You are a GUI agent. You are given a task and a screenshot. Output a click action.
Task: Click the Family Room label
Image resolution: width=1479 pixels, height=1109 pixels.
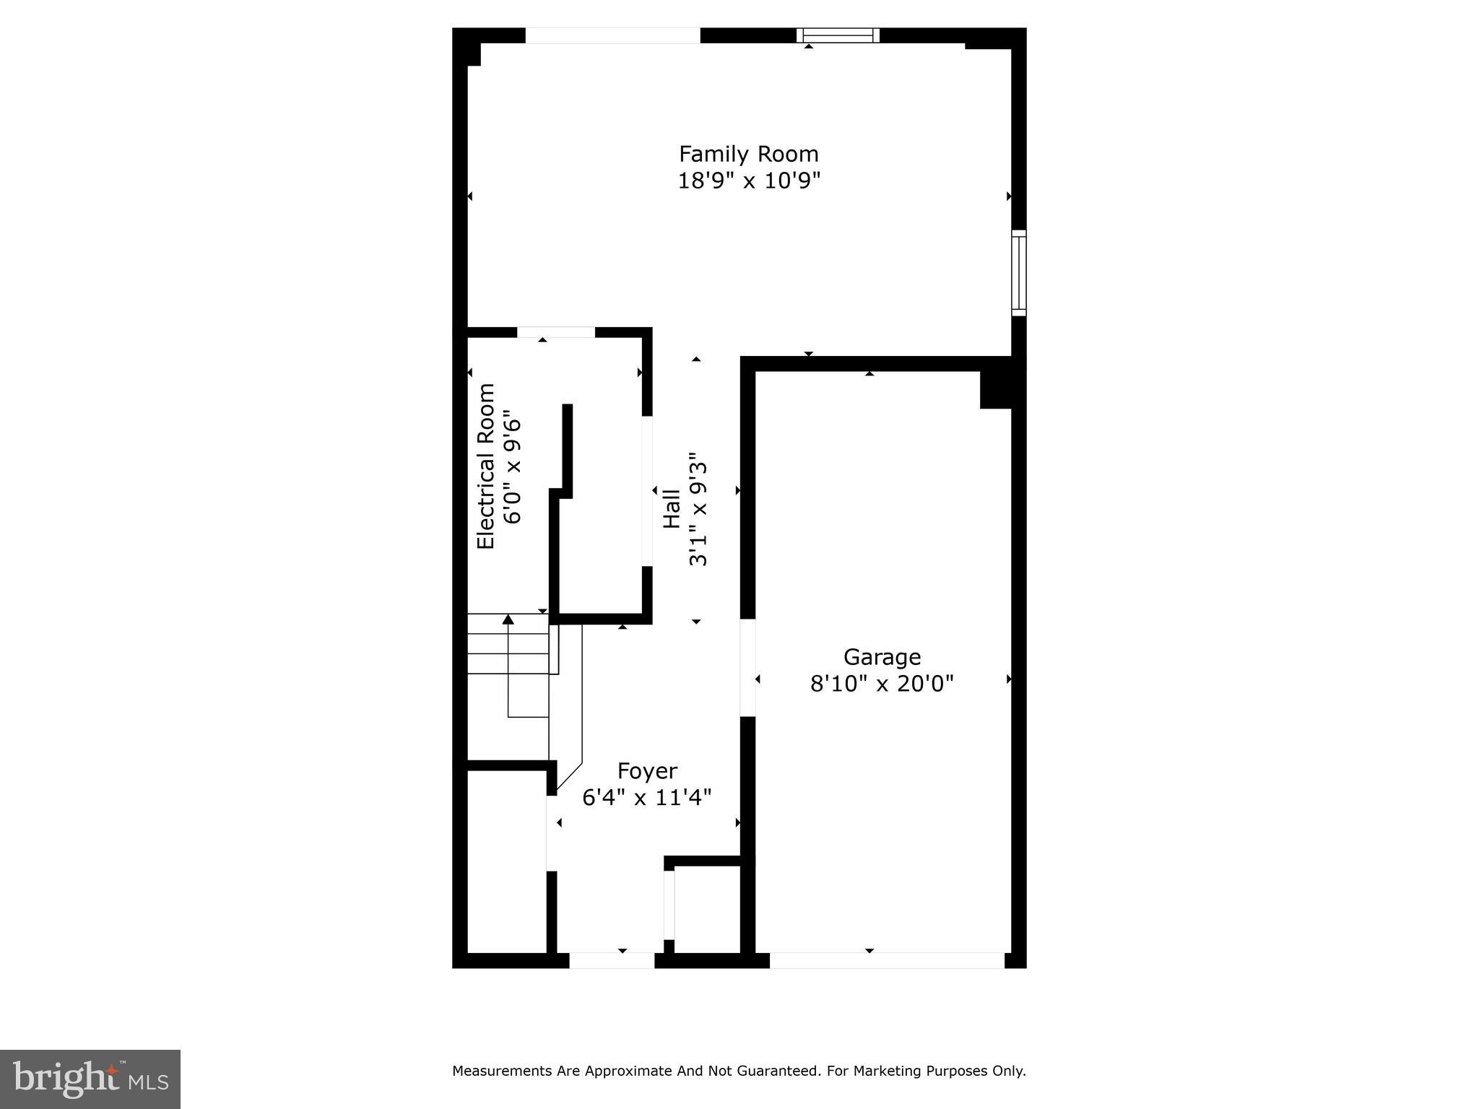tap(748, 154)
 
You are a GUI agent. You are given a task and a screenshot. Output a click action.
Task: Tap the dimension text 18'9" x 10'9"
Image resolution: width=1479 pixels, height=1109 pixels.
tap(748, 181)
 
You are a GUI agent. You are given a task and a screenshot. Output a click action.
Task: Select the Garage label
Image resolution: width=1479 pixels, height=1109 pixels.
tap(882, 657)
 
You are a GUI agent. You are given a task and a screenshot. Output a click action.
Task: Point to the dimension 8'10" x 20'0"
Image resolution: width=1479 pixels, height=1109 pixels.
tap(882, 683)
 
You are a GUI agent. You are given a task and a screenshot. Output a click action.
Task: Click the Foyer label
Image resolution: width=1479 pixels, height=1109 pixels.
tap(647, 771)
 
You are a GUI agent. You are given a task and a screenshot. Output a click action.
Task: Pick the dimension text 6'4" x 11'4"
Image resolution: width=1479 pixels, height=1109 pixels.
tap(647, 797)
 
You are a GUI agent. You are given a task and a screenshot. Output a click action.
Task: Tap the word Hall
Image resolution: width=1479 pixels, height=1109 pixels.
tap(672, 509)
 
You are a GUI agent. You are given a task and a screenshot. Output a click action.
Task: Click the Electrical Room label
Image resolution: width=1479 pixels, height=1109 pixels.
tap(486, 466)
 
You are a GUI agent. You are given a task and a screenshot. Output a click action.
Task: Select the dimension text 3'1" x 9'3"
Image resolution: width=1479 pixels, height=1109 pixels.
tap(698, 509)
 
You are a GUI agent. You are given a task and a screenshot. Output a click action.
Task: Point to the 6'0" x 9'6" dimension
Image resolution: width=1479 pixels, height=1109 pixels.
tap(511, 469)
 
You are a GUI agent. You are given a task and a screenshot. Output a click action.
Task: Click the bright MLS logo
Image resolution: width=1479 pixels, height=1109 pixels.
tap(90, 1079)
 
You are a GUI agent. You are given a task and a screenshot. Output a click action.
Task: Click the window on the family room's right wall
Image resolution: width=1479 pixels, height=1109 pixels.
tap(1018, 273)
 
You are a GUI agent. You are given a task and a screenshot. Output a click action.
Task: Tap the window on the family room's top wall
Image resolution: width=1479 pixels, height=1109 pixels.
tap(838, 35)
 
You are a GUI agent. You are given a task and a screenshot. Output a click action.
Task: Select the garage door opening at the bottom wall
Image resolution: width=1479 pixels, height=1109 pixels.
tap(887, 960)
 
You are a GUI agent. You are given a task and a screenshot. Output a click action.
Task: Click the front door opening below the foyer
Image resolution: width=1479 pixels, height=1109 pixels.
tap(612, 960)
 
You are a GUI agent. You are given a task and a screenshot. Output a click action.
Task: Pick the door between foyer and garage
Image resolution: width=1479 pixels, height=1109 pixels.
tap(747, 668)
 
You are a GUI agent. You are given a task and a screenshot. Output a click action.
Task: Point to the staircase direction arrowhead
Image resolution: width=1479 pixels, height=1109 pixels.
tap(508, 619)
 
